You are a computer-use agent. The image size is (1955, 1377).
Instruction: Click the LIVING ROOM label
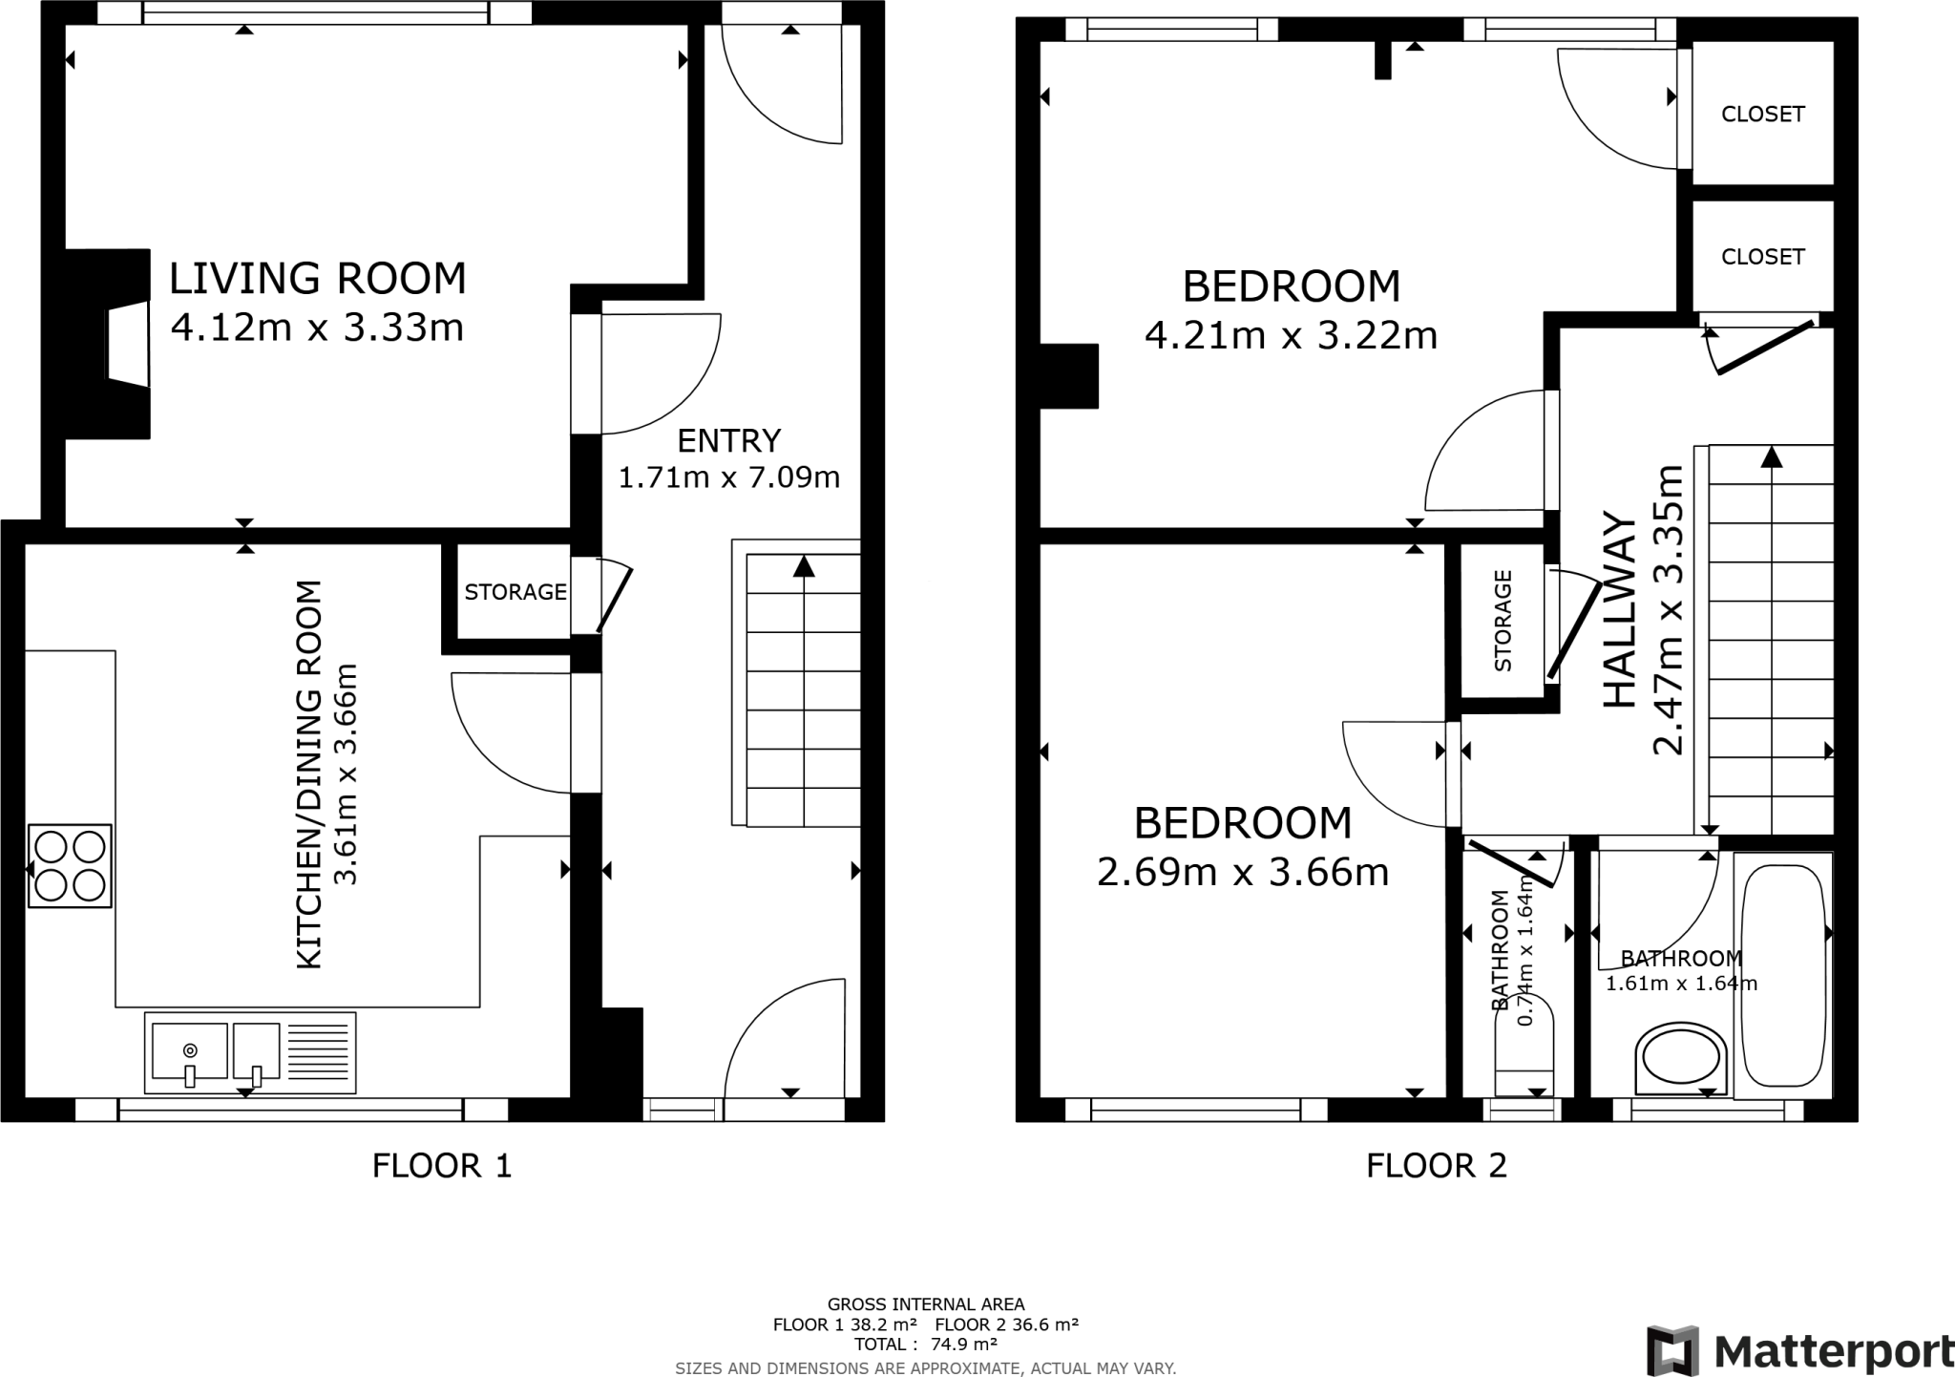317,279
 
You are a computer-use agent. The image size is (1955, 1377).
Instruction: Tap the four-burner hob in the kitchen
70,866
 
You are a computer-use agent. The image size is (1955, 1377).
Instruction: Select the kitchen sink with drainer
250,1052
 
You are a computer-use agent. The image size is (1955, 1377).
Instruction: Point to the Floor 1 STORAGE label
515,592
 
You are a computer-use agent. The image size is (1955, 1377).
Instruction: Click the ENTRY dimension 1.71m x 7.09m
728,477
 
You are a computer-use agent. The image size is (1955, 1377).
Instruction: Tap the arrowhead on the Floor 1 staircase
804,567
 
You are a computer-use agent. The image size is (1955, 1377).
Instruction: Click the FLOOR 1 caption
442,1166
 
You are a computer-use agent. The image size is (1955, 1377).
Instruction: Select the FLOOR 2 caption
1436,1166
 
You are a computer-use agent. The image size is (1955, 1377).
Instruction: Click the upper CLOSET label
1762,115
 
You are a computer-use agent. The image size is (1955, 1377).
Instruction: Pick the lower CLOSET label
1762,257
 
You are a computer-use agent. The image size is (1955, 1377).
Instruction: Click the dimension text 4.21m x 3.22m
1291,336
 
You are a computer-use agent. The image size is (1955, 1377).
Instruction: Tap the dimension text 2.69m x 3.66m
1242,873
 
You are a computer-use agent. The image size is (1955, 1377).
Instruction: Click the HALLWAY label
1619,611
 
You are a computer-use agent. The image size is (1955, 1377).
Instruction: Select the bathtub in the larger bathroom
1783,975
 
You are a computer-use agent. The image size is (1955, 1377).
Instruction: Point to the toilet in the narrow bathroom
1524,1050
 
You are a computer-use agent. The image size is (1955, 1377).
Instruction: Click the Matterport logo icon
1672,1350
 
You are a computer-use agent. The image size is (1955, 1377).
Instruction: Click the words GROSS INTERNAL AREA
925,1304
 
